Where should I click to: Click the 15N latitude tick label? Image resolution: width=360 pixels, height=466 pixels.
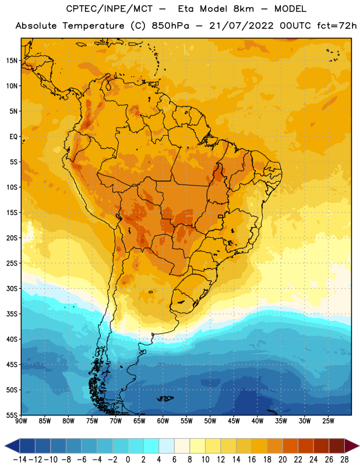coord(12,61)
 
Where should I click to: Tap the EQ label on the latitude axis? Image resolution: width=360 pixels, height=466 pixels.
coord(13,137)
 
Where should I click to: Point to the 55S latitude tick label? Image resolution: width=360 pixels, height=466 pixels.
coord(12,415)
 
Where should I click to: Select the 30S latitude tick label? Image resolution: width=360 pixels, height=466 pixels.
coord(12,288)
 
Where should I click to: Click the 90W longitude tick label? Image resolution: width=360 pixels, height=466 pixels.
coord(21,421)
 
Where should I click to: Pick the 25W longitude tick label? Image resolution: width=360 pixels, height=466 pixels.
coord(328,421)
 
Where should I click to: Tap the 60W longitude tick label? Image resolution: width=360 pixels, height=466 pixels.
coord(163,421)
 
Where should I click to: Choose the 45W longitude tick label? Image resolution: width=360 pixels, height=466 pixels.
coord(234,421)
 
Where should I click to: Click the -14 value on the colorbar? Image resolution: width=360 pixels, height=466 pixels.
coord(20,460)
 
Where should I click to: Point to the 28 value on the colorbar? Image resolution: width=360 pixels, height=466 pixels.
coord(344,460)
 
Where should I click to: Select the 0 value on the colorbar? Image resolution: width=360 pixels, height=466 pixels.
coord(128,460)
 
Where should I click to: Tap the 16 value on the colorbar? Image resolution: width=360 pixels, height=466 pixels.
coord(252,460)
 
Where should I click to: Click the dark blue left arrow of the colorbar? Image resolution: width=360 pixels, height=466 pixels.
coord(12,446)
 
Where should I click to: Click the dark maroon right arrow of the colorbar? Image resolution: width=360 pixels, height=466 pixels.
coord(352,446)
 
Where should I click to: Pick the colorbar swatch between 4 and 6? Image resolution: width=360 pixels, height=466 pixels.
coord(167,446)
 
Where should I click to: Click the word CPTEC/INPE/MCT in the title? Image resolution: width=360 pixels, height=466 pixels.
coord(110,9)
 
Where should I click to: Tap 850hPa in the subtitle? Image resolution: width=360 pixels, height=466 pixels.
coord(170,26)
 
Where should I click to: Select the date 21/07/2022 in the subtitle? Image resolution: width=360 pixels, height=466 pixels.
coord(241,26)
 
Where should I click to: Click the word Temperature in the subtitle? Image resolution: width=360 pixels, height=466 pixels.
coord(93,26)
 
